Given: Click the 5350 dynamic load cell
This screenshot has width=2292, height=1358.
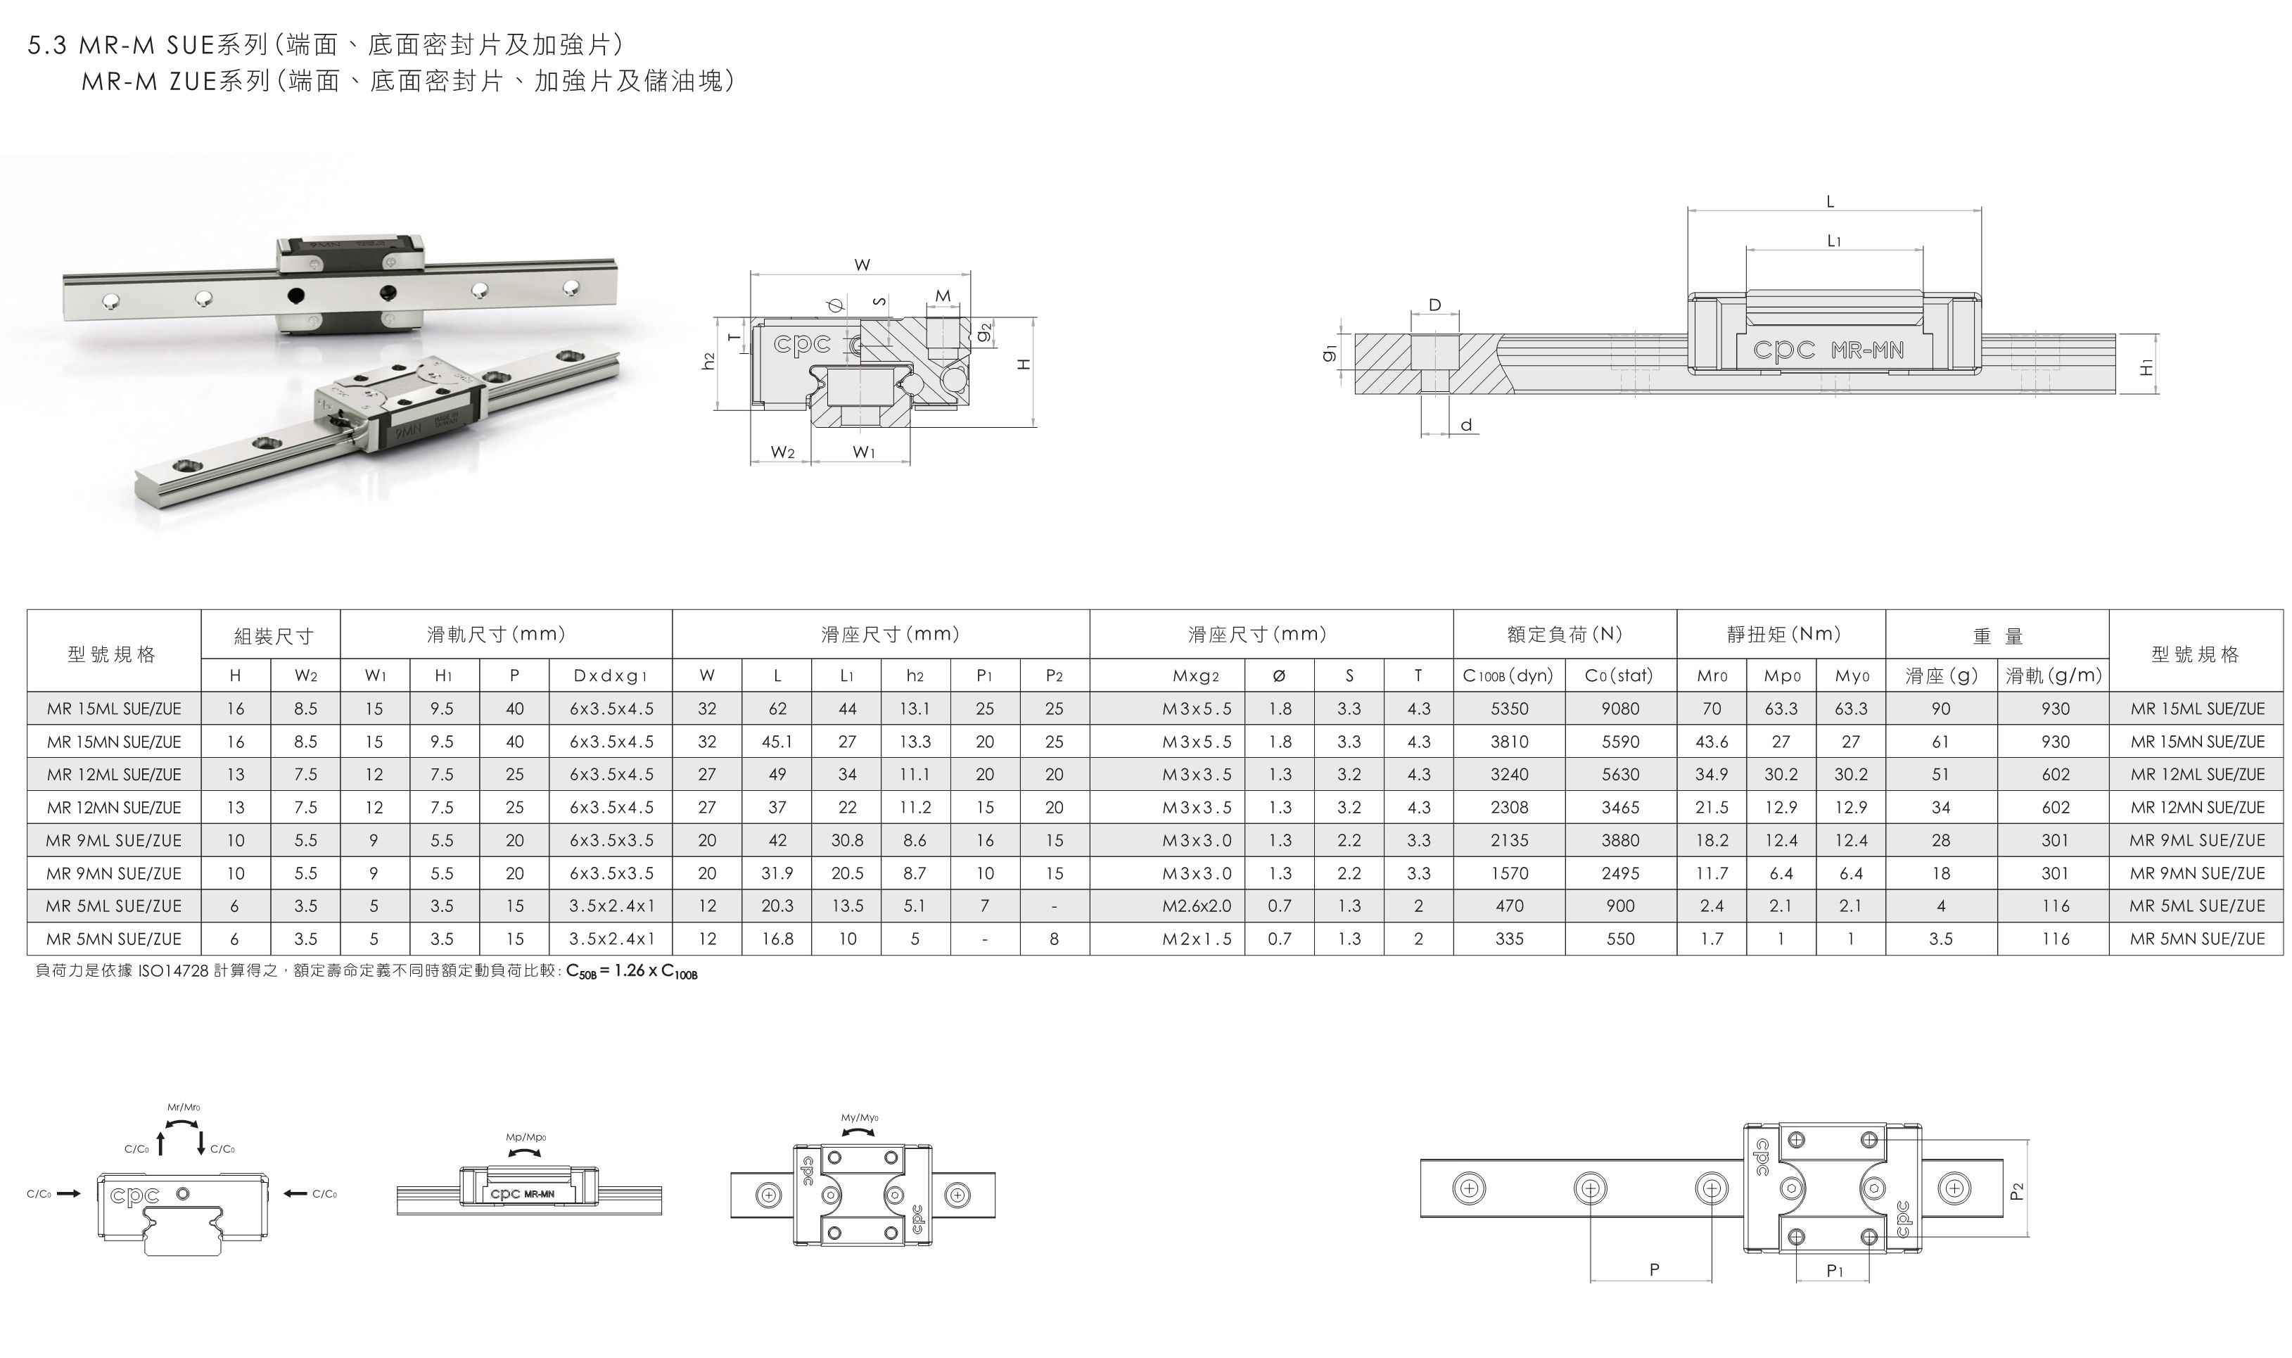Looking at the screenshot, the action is (x=1509, y=709).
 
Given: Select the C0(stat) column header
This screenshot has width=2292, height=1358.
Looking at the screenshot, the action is (x=1619, y=675).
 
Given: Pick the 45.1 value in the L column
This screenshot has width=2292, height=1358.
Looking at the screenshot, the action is (x=777, y=741).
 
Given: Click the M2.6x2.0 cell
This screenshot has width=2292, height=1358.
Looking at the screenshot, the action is (x=1197, y=906).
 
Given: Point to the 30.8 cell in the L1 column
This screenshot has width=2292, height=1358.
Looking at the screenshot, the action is (x=847, y=840).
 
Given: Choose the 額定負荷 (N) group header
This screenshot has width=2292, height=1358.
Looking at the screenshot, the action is (x=1565, y=634).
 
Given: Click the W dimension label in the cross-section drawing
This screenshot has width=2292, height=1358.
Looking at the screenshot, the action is (x=862, y=265).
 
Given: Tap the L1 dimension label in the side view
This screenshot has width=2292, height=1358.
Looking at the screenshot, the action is (x=1833, y=241).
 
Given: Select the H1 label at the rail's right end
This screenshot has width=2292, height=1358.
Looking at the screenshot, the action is (x=2146, y=368).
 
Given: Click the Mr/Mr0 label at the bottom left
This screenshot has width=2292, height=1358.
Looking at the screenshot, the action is (x=184, y=1108).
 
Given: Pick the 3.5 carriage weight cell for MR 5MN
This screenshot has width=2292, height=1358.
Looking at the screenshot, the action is (x=1941, y=939).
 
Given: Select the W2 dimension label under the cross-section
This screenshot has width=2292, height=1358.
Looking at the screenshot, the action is (x=782, y=452).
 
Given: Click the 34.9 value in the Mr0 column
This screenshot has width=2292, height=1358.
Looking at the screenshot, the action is (x=1711, y=774).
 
